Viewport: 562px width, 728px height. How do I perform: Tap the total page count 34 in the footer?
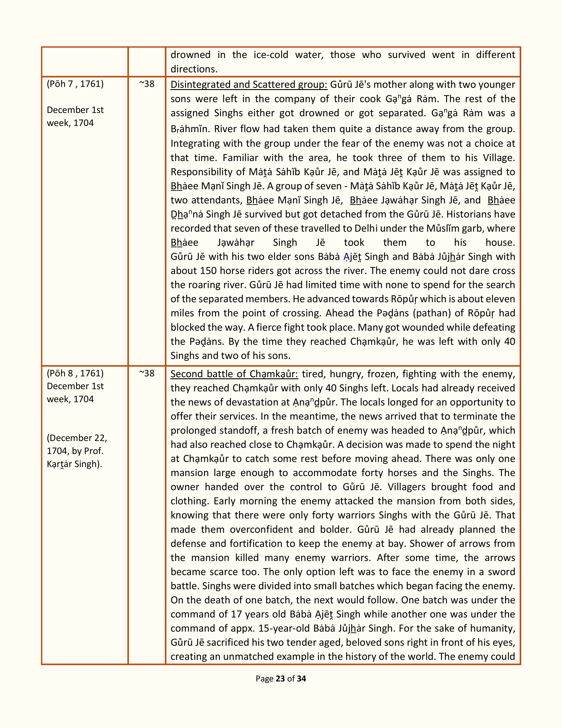coord(301,679)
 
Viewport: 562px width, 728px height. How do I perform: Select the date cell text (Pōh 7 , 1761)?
coord(75,84)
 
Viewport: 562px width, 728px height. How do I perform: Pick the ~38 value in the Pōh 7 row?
coord(147,84)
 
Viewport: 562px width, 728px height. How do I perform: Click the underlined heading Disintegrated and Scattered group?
coord(249,85)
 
